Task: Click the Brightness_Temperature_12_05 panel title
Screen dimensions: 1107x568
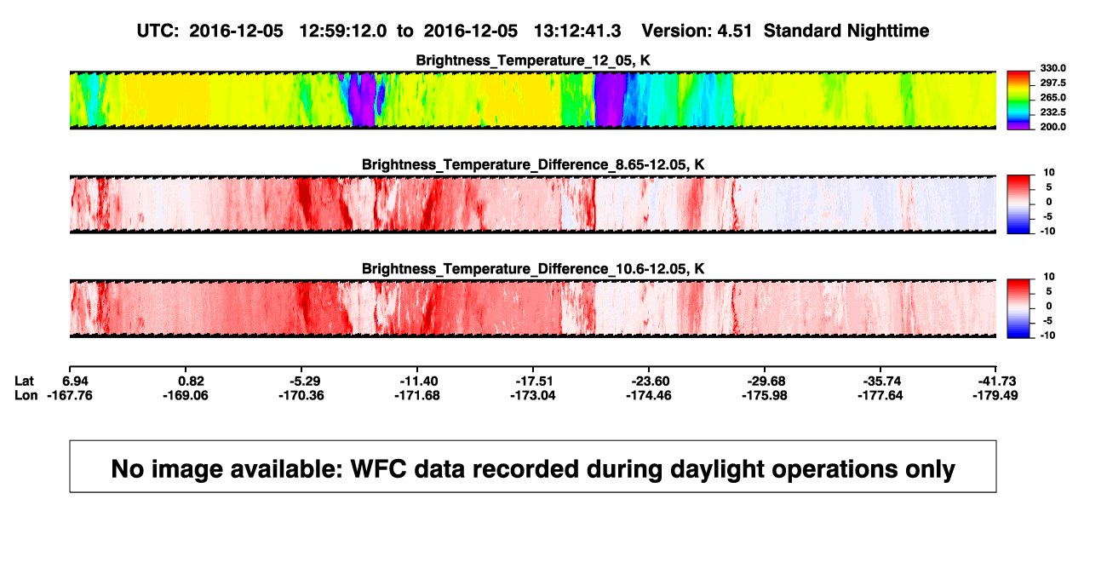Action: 533,60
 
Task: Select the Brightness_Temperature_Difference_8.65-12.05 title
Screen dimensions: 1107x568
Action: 533,164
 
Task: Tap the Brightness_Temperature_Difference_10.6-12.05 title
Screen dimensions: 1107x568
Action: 533,269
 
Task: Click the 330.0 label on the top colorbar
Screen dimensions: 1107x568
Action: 1053,68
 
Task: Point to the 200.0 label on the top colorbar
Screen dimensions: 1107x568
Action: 1053,127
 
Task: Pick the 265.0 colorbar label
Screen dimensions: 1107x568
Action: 1053,97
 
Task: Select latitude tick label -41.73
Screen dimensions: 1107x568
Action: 996,382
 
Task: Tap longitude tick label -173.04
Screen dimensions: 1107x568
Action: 533,395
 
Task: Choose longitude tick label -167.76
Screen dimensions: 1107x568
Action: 70,395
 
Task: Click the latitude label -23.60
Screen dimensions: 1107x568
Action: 650,382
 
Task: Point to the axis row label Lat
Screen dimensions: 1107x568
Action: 24,382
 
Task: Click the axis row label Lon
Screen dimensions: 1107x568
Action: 26,395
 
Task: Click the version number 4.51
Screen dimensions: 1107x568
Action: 735,32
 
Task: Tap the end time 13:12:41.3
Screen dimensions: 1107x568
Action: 577,32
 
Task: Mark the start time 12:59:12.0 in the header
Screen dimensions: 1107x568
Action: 343,32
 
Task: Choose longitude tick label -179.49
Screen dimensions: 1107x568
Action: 995,395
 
